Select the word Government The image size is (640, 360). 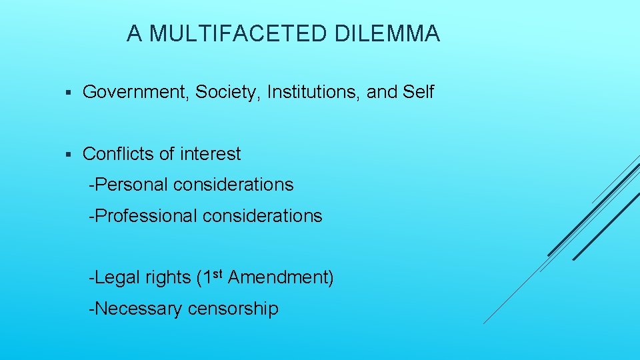click(x=135, y=92)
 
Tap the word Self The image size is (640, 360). click(x=419, y=92)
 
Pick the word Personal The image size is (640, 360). click(x=131, y=185)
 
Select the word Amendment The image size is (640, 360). click(x=280, y=277)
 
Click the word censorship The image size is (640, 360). click(x=233, y=309)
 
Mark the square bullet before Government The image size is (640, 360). click(x=69, y=93)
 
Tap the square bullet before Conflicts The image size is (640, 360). click(x=69, y=155)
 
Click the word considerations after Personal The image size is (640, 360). click(x=233, y=185)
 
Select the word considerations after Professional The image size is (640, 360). click(x=262, y=216)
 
